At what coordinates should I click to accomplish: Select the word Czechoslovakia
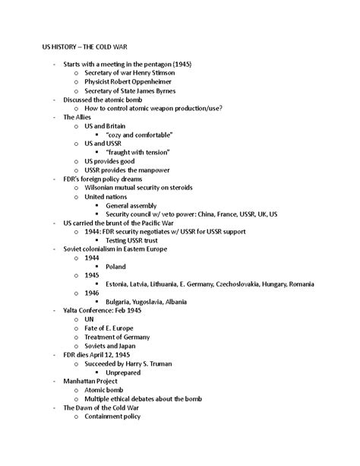[230, 284]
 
